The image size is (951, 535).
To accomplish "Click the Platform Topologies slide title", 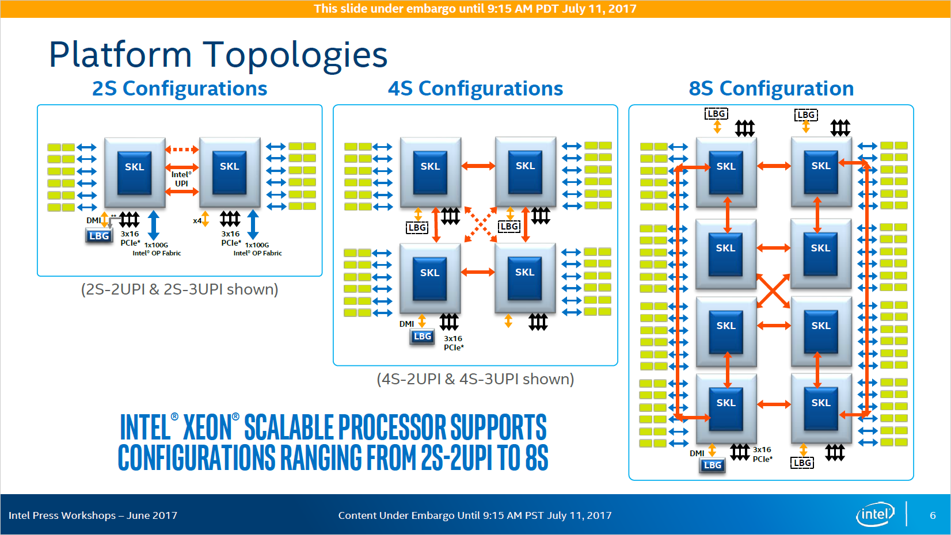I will (218, 55).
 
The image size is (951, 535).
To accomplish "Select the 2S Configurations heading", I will (180, 89).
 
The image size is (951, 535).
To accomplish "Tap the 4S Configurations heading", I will (475, 89).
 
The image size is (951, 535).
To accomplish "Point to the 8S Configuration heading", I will (771, 89).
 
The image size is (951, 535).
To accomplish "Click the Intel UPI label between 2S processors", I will (181, 179).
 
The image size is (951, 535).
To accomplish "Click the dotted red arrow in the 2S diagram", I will (182, 150).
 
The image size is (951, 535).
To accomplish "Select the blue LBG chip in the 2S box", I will (99, 236).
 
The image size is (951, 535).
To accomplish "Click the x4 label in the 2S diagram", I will (197, 220).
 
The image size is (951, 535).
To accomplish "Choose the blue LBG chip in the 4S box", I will (422, 337).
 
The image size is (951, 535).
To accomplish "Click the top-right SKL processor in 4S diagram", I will (525, 171).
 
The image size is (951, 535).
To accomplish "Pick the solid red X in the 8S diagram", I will (773, 291).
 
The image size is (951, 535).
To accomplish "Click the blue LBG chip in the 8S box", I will (712, 465).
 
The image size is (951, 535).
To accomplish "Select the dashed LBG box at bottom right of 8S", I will (802, 463).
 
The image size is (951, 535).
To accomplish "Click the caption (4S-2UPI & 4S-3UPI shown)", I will (475, 379).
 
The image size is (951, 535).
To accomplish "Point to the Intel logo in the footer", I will (875, 514).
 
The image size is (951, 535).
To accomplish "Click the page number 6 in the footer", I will (933, 515).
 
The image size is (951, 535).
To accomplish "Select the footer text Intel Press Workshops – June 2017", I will (93, 515).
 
